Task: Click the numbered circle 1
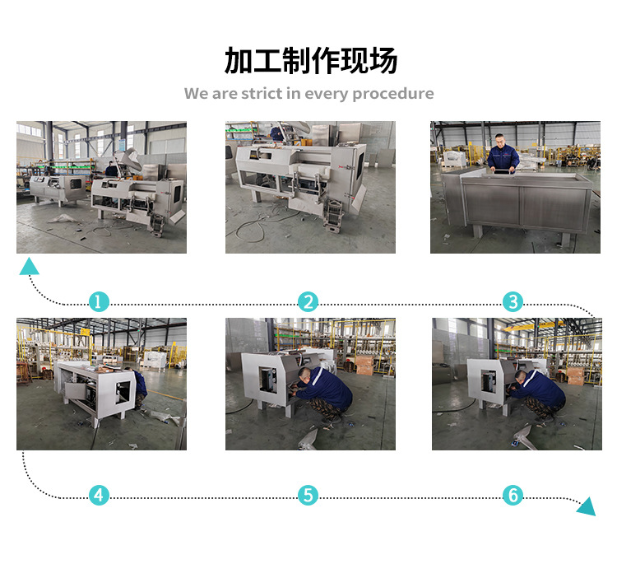point(99,301)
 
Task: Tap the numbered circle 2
point(308,301)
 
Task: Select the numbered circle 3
point(513,301)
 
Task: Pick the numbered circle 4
point(99,495)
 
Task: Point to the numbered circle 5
point(308,495)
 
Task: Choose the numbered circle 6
point(513,495)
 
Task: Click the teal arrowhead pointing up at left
point(29,267)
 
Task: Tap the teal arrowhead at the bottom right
point(587,506)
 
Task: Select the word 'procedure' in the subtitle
point(393,94)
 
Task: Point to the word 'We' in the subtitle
point(197,93)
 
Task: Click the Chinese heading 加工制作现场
point(310,61)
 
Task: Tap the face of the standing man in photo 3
point(499,141)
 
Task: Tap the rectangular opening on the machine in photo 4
point(123,392)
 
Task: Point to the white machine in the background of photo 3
point(455,159)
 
